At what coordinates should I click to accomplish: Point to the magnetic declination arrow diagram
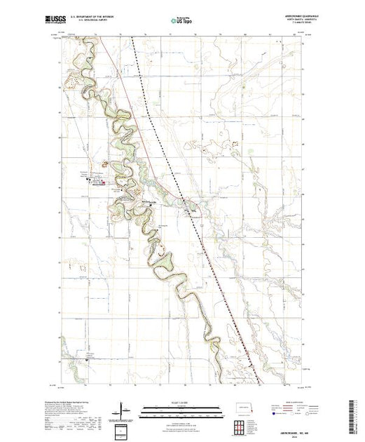click(124, 409)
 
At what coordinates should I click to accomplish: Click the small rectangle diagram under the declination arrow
click(124, 428)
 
